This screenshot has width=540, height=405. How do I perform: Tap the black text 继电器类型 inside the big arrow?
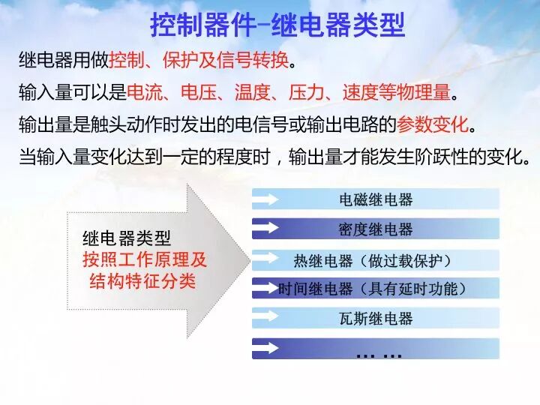pos(126,239)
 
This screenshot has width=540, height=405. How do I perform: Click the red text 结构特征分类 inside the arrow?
pos(142,282)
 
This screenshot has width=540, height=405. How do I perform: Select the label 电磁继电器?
pos(376,199)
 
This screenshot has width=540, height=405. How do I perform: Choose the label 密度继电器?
pos(376,229)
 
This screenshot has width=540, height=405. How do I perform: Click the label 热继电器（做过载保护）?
pos(376,260)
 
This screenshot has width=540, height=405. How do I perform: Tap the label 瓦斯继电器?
pos(376,319)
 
